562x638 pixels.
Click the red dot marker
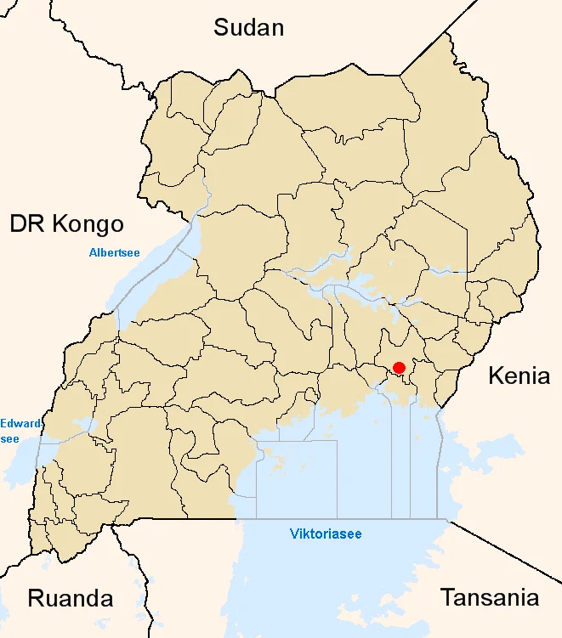pyautogui.click(x=399, y=368)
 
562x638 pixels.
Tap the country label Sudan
pyautogui.click(x=248, y=27)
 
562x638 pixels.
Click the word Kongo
pyautogui.click(x=87, y=224)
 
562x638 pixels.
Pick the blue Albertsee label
pyautogui.click(x=115, y=252)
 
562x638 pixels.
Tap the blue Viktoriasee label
pyautogui.click(x=326, y=534)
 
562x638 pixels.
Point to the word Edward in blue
pyautogui.click(x=20, y=423)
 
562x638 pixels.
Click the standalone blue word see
pyautogui.click(x=10, y=438)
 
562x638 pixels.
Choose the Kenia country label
pyautogui.click(x=519, y=376)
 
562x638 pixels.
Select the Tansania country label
pyautogui.click(x=490, y=597)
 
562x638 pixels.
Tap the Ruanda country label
pyautogui.click(x=71, y=598)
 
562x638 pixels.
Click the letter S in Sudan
pyautogui.click(x=221, y=27)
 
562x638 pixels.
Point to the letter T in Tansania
pyautogui.click(x=447, y=597)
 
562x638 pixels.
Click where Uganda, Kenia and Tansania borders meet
pyautogui.click(x=448, y=520)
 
